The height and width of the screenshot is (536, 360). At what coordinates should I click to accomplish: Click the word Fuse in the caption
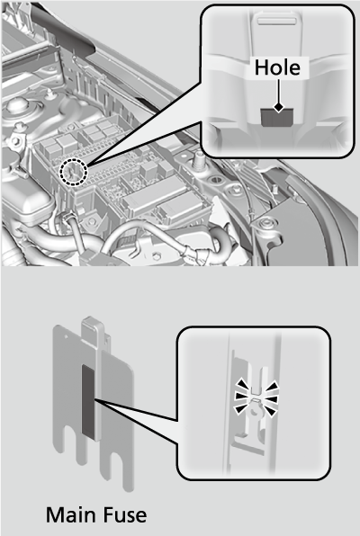pos(124,515)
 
